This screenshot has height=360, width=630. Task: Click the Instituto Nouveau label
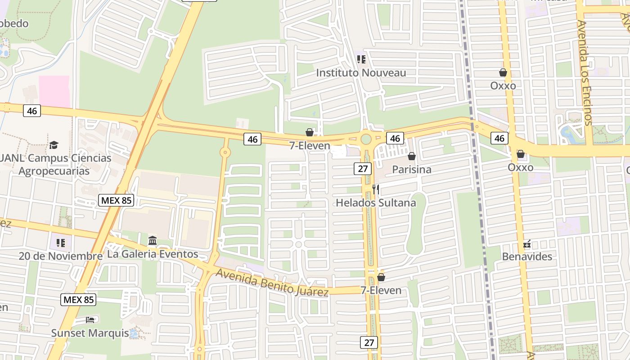click(x=361, y=73)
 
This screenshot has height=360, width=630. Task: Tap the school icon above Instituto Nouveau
click(x=361, y=59)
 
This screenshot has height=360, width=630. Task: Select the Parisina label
click(x=411, y=170)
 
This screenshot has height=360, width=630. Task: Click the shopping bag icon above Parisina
click(x=411, y=157)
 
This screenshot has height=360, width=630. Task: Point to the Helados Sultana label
click(x=376, y=203)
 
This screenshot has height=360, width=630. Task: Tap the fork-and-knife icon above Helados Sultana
click(x=376, y=189)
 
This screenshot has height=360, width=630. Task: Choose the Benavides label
click(x=527, y=256)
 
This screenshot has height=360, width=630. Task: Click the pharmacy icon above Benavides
click(x=527, y=244)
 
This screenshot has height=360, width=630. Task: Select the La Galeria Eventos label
click(x=153, y=254)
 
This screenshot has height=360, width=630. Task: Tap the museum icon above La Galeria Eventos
click(x=153, y=241)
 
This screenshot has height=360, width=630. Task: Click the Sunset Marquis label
click(x=90, y=333)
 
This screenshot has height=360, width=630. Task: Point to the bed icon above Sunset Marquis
click(x=90, y=320)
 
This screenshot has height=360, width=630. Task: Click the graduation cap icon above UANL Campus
click(x=54, y=145)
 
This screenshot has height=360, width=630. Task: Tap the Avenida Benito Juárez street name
click(x=272, y=283)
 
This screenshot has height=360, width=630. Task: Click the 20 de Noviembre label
click(x=60, y=256)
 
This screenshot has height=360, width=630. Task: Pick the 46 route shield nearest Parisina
click(x=395, y=138)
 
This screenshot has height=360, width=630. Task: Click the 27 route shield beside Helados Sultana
click(x=363, y=169)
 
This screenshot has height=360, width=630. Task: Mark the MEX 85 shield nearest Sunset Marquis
click(x=78, y=300)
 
